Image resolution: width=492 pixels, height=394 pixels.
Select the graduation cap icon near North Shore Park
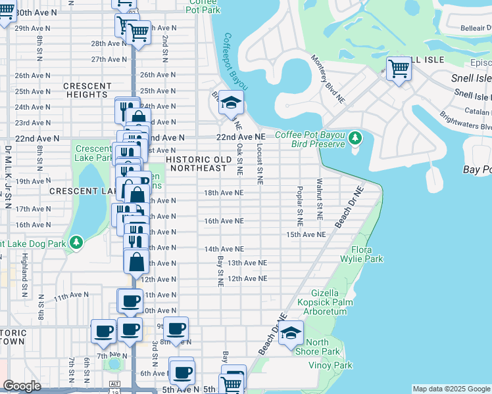click(290, 334)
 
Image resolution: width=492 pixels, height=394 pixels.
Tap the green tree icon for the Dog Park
click(77, 243)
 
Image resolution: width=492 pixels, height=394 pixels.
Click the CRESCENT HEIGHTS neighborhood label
click(87, 91)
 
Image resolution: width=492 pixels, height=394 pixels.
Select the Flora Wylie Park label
click(367, 254)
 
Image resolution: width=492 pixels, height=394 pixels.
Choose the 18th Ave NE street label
click(224, 193)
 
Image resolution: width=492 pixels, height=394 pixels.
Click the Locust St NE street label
click(260, 164)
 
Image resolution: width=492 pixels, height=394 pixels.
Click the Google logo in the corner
click(21, 386)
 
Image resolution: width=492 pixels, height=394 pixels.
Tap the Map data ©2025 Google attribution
click(451, 389)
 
